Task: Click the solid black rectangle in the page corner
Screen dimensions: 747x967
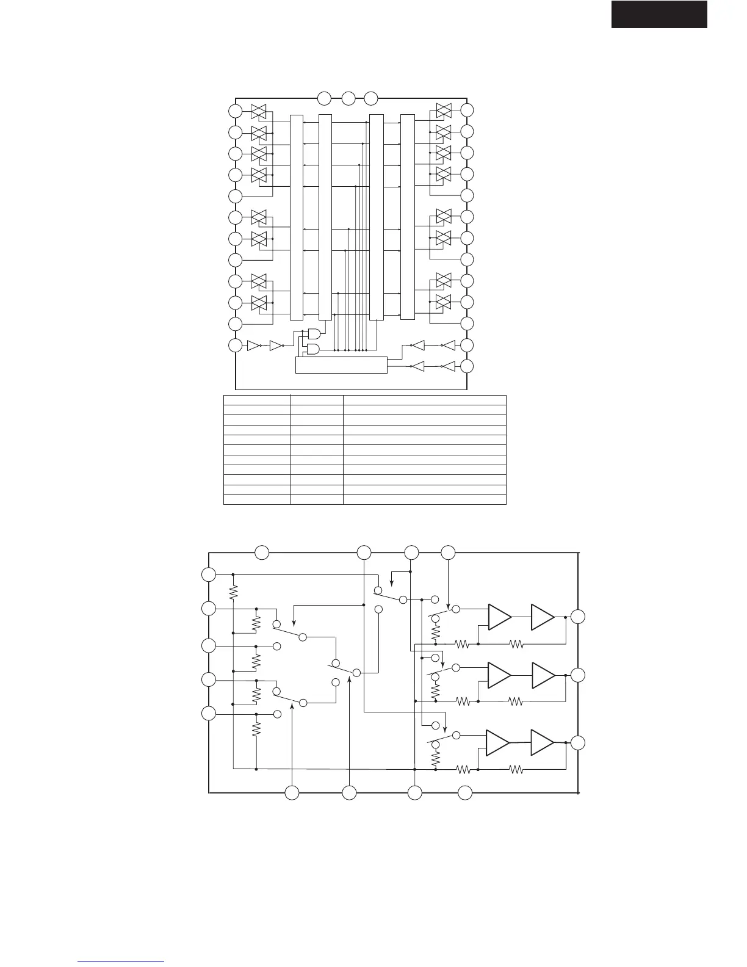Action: tap(659, 14)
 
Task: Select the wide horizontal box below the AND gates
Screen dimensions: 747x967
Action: tap(341, 364)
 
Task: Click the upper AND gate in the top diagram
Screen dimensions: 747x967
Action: tap(315, 334)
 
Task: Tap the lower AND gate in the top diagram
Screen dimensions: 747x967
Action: tap(315, 350)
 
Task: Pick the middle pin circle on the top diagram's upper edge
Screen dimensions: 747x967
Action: tap(348, 98)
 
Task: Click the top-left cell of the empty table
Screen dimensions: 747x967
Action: tap(257, 400)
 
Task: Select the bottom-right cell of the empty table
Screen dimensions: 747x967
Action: tap(424, 500)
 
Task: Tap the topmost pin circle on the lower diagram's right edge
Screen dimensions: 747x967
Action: tap(577, 617)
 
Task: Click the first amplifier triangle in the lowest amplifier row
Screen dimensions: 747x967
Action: tap(497, 742)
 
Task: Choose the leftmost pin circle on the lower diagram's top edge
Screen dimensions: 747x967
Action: tap(262, 552)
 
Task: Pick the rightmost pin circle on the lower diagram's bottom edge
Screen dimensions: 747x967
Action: tap(465, 793)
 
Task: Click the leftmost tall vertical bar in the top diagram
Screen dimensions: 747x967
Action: tap(296, 217)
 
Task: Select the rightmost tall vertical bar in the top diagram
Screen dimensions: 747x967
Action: tap(407, 217)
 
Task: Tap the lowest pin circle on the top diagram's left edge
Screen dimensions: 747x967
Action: tap(235, 346)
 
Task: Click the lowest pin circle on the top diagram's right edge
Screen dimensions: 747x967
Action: tap(467, 366)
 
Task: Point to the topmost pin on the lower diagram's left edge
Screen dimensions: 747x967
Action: tap(209, 574)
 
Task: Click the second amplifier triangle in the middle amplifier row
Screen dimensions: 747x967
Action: tap(543, 675)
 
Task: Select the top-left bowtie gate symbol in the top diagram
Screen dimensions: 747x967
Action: tap(259, 110)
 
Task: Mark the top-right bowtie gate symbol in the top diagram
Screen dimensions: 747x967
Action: tap(444, 110)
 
